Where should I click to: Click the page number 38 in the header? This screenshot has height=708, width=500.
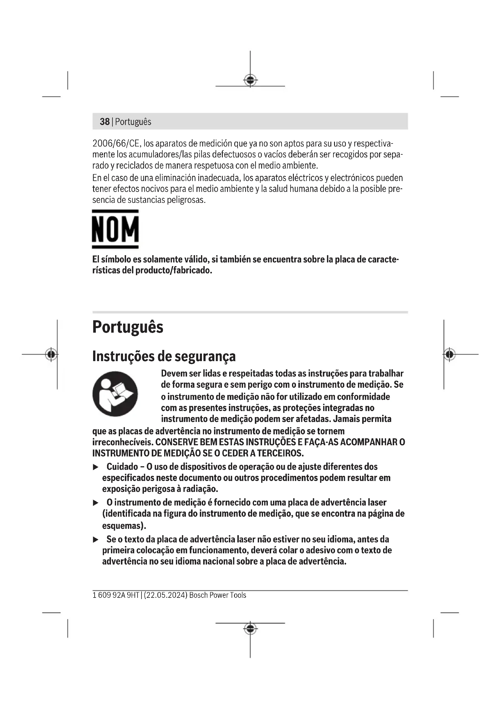point(105,122)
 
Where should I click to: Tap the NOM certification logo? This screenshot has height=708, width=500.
point(115,229)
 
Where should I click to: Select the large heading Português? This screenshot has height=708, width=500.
point(128,327)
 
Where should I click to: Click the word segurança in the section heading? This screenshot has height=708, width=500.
point(205,356)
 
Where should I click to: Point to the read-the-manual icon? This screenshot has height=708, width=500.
point(115,394)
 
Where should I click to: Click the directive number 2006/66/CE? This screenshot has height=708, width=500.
point(116,144)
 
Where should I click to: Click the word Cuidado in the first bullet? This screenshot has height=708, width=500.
point(122,467)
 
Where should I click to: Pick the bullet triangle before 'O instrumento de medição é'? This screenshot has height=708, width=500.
point(96,503)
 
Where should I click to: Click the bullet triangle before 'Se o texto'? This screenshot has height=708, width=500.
point(96,540)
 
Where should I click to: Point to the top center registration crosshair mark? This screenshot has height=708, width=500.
point(250,81)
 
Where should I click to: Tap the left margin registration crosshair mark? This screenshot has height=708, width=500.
point(51,354)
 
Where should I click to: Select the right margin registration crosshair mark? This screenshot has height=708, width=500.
point(450,354)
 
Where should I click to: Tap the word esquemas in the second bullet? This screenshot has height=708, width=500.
point(123,525)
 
